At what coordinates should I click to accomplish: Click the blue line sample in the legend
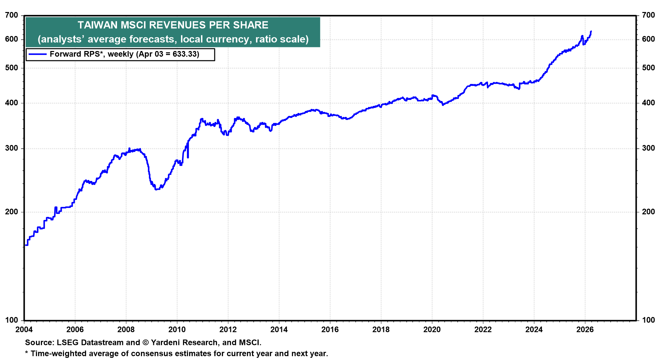coord(37,54)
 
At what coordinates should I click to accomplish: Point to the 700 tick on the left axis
coord(12,15)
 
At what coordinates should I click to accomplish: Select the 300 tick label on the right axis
coord(648,148)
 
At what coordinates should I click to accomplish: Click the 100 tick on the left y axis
coord(12,320)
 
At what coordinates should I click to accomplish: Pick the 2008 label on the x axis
coord(126,330)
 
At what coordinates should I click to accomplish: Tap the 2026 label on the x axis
coord(585,330)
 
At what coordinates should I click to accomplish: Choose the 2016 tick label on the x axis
coord(330,330)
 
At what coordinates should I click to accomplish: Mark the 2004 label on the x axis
coord(24,330)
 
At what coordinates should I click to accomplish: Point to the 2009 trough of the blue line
coord(156,189)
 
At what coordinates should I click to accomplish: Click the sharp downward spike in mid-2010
coord(188,157)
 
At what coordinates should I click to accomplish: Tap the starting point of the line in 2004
coord(25,245)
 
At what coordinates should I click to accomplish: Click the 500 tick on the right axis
coord(648,68)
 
